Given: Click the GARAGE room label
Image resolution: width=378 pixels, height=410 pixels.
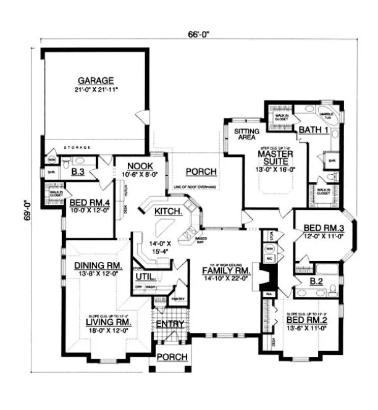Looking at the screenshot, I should click(x=95, y=80).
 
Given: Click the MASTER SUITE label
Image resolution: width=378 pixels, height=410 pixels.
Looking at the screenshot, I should click(x=275, y=156).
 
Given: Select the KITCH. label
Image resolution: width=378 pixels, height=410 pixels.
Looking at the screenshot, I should click(x=168, y=211).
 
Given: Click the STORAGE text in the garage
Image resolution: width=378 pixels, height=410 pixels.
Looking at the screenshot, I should click(x=77, y=148).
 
